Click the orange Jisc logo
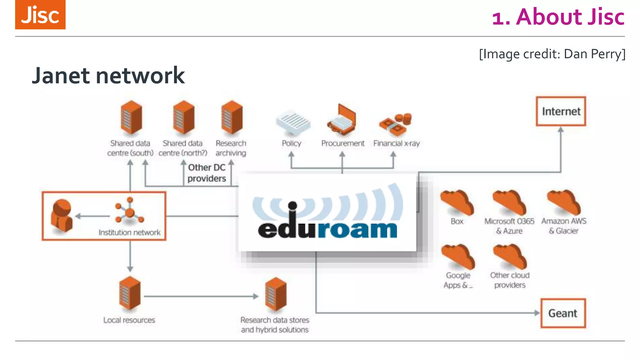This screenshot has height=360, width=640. coord(40,15)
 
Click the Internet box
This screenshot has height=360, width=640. coord(561,112)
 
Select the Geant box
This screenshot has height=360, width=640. coord(563,313)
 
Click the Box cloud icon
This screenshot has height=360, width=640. coord(457,202)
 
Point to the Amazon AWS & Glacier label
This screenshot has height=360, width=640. coord(564,226)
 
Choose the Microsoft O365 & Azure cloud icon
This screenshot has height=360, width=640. coord(509,202)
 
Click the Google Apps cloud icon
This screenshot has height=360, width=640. coord(458,257)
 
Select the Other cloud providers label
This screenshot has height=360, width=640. coord(510,280)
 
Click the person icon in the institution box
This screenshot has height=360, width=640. coord(62,216)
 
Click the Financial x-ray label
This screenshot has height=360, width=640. coord(396,143)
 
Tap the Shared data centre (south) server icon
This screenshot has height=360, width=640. coord(131,117)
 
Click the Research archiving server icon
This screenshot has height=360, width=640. coord(232,117)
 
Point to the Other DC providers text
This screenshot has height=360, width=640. coord(207,173)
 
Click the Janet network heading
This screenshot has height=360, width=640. coord(108,76)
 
